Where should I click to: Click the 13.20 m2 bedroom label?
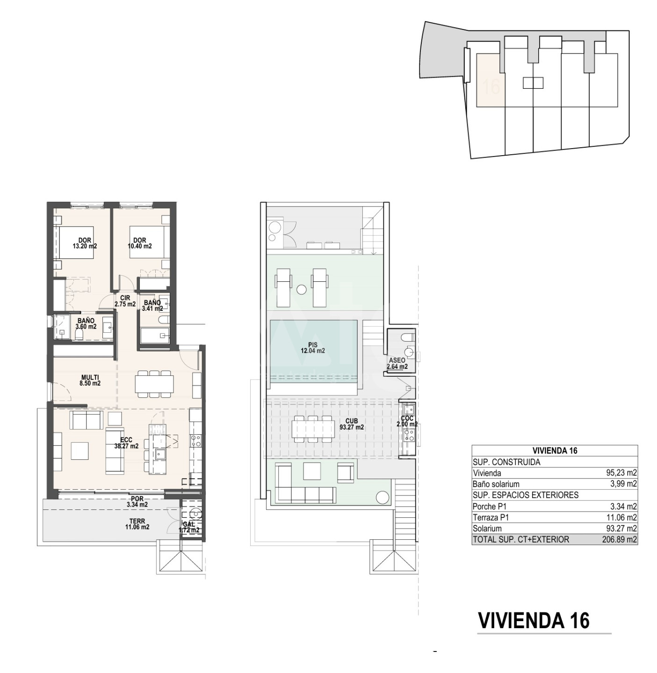click(x=85, y=243)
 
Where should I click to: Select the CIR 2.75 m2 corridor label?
click(x=125, y=301)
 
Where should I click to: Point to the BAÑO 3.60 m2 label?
click(x=86, y=324)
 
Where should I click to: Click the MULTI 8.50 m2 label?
click(x=90, y=380)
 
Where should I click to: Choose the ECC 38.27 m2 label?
click(x=126, y=443)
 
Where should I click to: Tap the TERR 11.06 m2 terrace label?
click(x=137, y=524)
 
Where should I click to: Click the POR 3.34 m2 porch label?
click(x=137, y=501)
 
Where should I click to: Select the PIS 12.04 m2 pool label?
click(x=313, y=348)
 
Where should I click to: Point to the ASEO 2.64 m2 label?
click(x=397, y=364)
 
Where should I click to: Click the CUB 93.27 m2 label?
click(x=352, y=424)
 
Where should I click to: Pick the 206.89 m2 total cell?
click(x=619, y=539)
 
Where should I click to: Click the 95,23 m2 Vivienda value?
click(x=621, y=473)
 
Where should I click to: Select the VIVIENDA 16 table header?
click(x=555, y=451)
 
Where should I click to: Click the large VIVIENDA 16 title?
click(x=534, y=621)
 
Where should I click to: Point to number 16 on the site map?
click(x=491, y=86)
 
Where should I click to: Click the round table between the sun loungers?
click(x=302, y=289)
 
